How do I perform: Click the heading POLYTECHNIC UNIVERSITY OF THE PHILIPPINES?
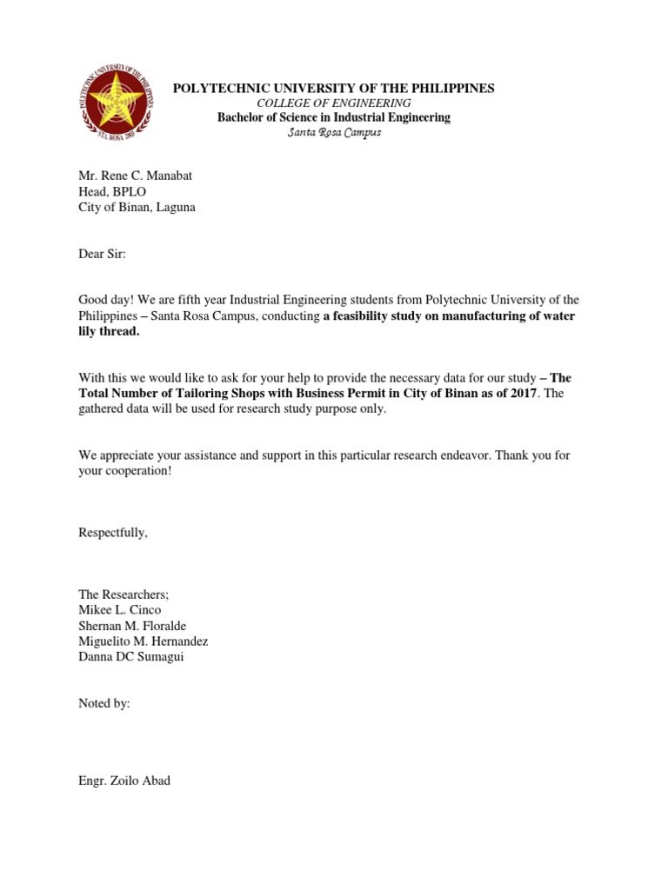point(334,88)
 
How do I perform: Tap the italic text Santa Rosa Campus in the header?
point(334,132)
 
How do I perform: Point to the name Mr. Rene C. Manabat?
point(135,176)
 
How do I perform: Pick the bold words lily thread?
point(109,332)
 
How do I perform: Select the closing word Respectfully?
point(113,533)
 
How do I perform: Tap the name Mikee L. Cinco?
point(119,610)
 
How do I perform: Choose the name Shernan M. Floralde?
point(132,626)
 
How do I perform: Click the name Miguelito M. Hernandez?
point(144,641)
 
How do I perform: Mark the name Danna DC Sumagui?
point(131,657)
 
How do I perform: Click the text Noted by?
point(104,703)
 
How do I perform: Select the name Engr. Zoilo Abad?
point(124,780)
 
